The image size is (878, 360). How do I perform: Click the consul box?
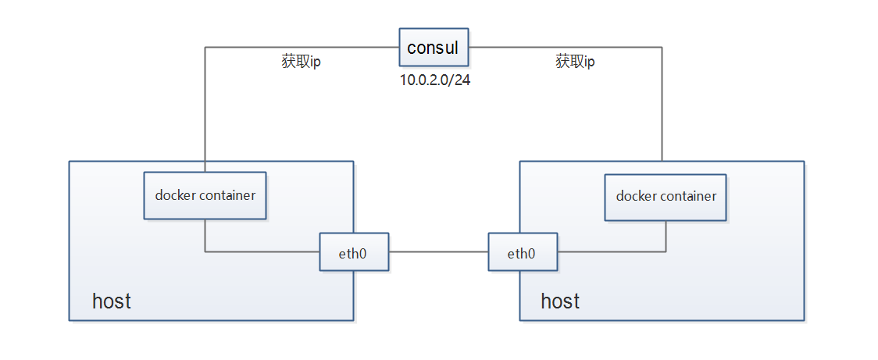click(x=434, y=47)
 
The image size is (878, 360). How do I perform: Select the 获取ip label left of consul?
click(x=301, y=62)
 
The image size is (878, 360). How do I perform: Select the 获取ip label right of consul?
click(x=575, y=62)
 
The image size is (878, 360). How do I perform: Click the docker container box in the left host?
click(x=205, y=195)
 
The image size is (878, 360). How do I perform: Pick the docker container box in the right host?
click(x=666, y=196)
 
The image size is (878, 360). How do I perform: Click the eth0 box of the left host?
click(x=354, y=252)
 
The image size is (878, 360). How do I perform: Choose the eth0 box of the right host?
click(x=523, y=252)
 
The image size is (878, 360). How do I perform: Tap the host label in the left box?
click(x=112, y=301)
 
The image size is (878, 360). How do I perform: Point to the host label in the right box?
click(x=560, y=301)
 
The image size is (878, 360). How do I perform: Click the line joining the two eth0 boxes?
click(x=438, y=252)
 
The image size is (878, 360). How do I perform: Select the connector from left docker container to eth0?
click(x=258, y=251)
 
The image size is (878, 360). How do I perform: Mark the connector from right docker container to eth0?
click(x=617, y=251)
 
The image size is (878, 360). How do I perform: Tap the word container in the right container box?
click(x=687, y=196)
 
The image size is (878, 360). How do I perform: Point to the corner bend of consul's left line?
click(x=205, y=48)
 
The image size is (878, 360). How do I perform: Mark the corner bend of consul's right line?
click(x=662, y=48)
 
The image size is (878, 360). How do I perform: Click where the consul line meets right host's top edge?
click(x=662, y=161)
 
